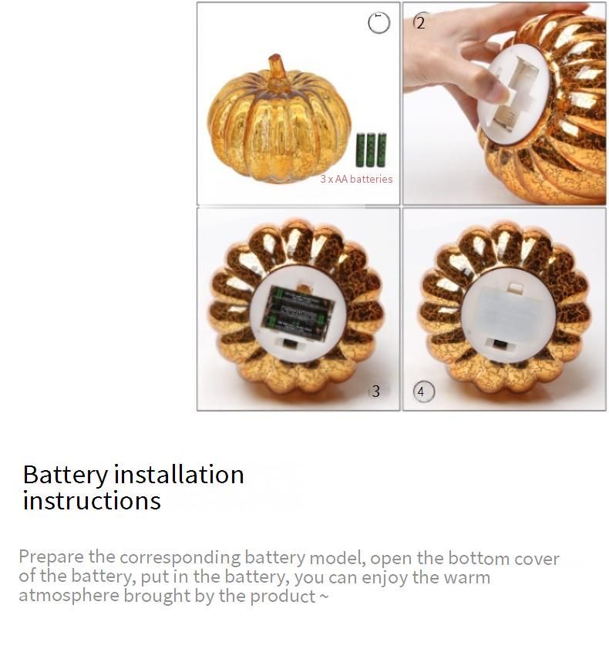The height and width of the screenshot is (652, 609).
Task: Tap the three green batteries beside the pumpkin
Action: click(371, 150)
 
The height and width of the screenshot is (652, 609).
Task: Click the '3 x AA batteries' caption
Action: click(356, 179)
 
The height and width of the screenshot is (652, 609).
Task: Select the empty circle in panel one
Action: click(379, 23)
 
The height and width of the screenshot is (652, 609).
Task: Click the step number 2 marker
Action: click(420, 22)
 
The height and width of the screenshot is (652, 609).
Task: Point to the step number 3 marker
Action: click(375, 392)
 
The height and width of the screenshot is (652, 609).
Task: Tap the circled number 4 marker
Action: click(421, 392)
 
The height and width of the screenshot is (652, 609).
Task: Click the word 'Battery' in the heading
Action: click(66, 475)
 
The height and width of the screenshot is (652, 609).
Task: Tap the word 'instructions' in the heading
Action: click(92, 501)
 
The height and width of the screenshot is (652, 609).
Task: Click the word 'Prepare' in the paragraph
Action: click(50, 558)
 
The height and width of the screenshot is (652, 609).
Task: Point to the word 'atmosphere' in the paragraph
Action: click(69, 596)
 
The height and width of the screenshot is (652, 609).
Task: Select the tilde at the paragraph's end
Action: click(324, 597)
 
